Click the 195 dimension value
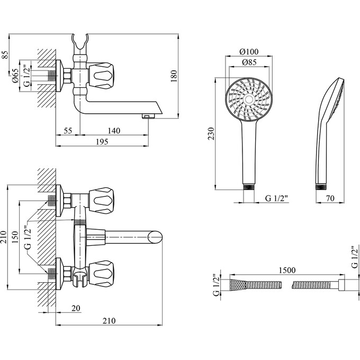click(x=102, y=141)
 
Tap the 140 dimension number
click(x=113, y=130)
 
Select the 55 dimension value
click(x=67, y=130)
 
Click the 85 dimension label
click(x=5, y=54)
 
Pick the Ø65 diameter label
click(x=16, y=76)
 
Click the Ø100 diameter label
click(x=248, y=51)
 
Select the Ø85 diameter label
click(x=248, y=62)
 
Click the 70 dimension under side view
click(x=330, y=199)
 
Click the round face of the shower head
click(x=248, y=100)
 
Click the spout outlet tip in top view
click(x=149, y=114)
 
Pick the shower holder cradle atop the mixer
click(x=79, y=41)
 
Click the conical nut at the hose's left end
click(x=238, y=285)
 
